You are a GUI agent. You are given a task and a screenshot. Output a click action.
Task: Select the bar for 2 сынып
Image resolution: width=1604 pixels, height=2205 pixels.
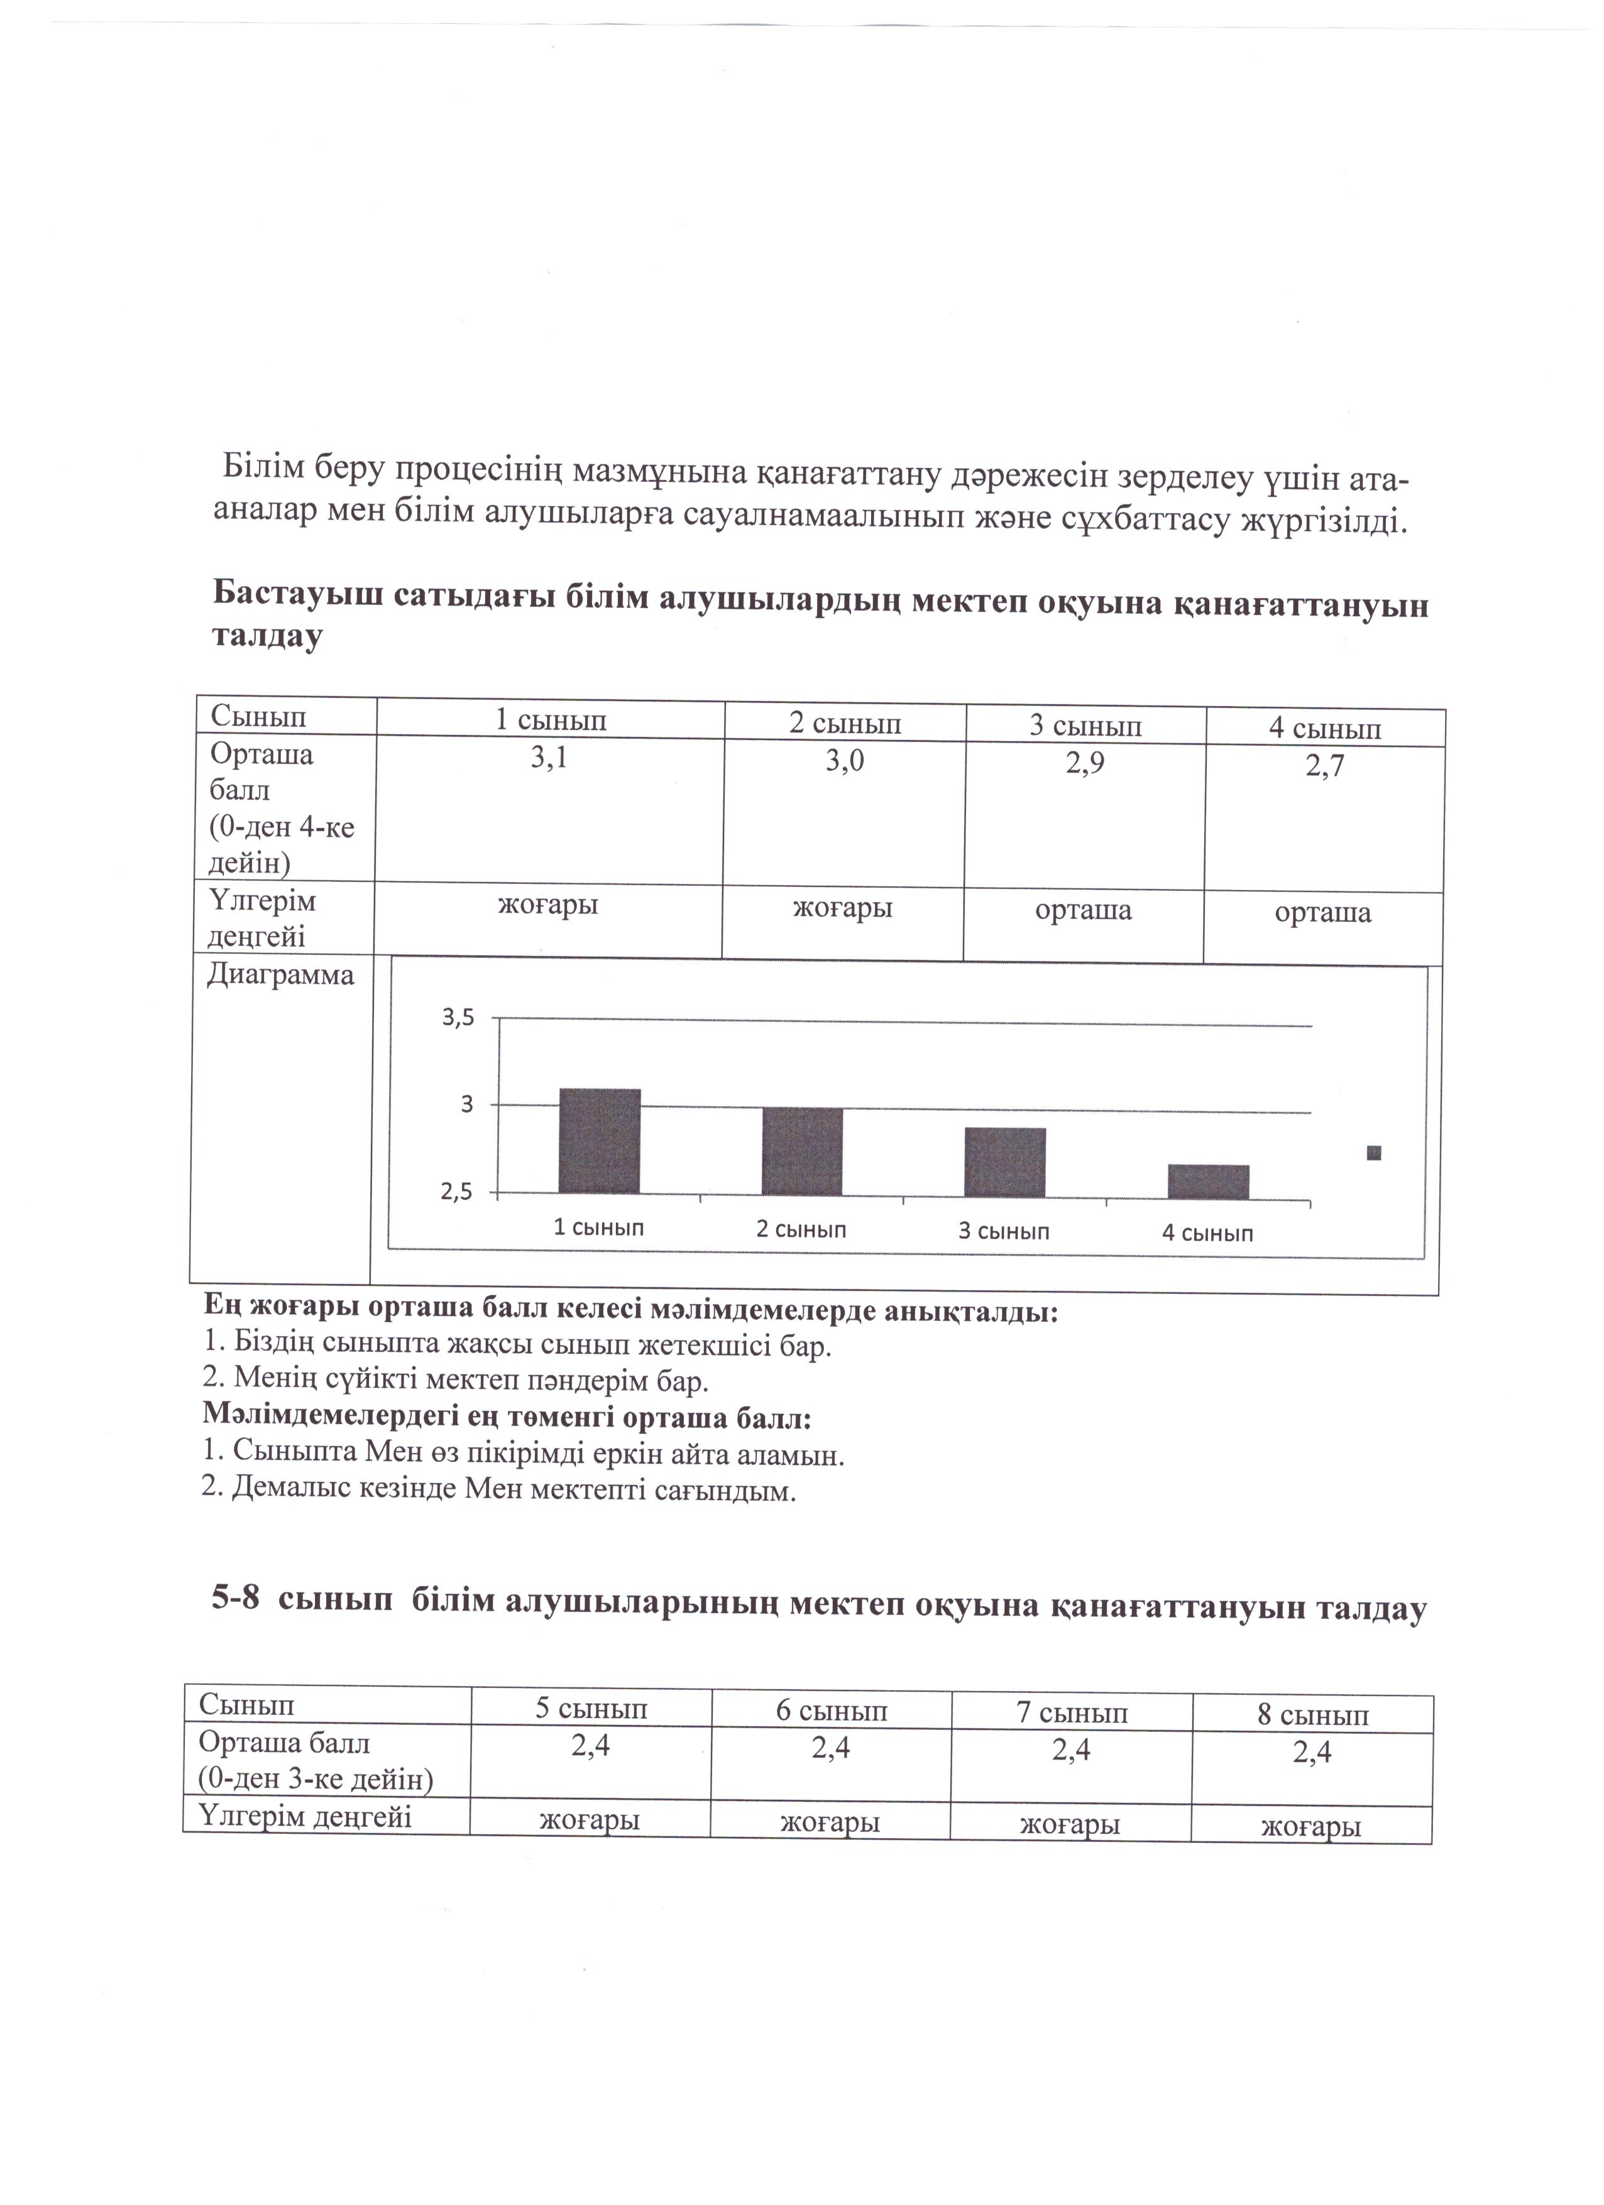coord(803,1152)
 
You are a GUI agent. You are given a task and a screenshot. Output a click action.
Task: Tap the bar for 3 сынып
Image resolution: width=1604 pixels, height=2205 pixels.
coord(1005,1163)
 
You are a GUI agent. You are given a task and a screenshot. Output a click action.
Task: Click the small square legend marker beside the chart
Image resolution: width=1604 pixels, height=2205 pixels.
coord(1373,1153)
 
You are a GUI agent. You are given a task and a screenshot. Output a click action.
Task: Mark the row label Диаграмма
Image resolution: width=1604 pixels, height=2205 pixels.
coord(280,975)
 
